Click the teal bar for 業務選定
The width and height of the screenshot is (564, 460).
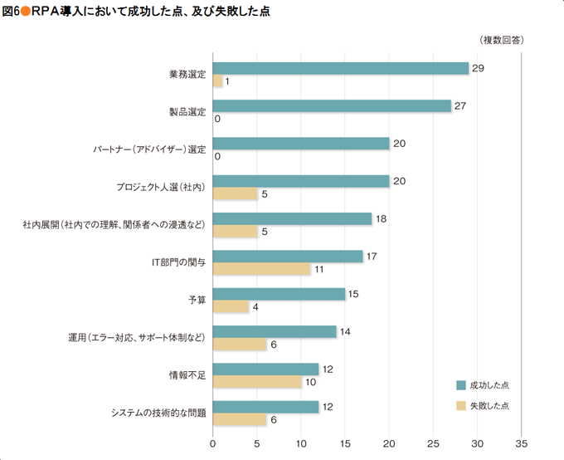pos(341,69)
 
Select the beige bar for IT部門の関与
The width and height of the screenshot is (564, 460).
pos(262,269)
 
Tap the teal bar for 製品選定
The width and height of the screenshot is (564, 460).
pos(332,106)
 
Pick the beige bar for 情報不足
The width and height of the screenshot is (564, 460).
pos(257,382)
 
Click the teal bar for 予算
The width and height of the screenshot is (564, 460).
pos(279,294)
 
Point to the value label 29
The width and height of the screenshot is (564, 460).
pos(478,68)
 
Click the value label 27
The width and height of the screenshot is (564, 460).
pos(460,106)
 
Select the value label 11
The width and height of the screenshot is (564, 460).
pos(319,270)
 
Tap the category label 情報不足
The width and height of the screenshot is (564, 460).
pos(187,375)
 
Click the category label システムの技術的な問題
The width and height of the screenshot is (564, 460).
pos(158,413)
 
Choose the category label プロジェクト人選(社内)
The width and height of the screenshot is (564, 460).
pos(161,188)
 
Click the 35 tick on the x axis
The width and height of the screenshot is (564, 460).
pos(522,443)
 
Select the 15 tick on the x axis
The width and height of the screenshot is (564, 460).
pos(345,443)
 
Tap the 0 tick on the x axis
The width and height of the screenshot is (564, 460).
pos(213,443)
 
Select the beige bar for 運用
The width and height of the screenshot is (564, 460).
pos(240,345)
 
